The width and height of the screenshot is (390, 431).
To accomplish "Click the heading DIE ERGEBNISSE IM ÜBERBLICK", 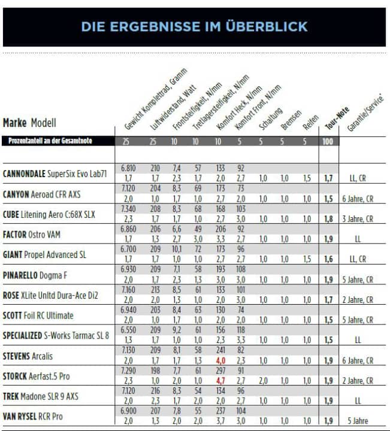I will pyautogui.click(x=194, y=26).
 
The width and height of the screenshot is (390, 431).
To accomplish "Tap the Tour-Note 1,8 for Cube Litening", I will pyautogui.click(x=328, y=219).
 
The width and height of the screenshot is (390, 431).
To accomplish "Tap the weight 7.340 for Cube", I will pyautogui.click(x=128, y=210).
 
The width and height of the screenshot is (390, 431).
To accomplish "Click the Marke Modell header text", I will pyautogui.click(x=29, y=123).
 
